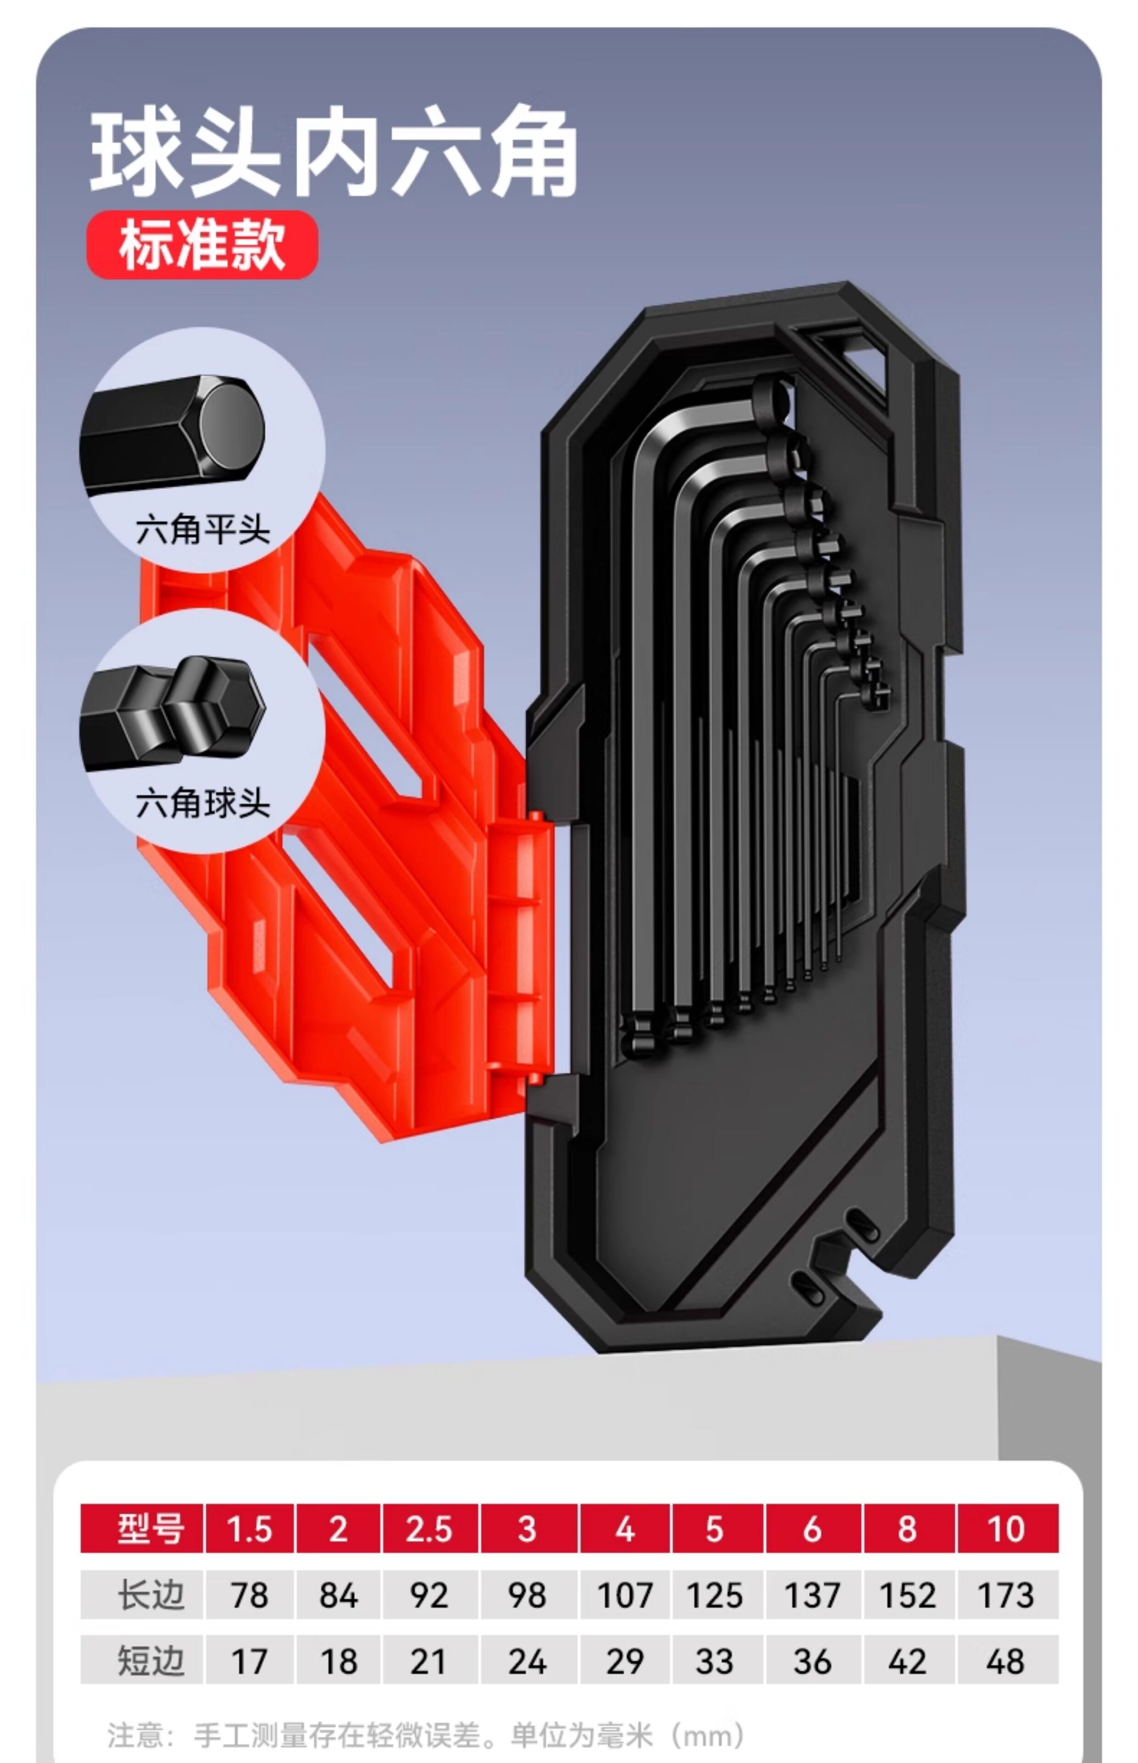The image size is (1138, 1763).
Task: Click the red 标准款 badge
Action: tap(202, 245)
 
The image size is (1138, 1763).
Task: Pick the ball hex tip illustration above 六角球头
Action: tap(172, 712)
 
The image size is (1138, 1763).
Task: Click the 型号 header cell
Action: tap(142, 1529)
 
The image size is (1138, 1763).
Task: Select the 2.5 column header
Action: tap(430, 1529)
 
